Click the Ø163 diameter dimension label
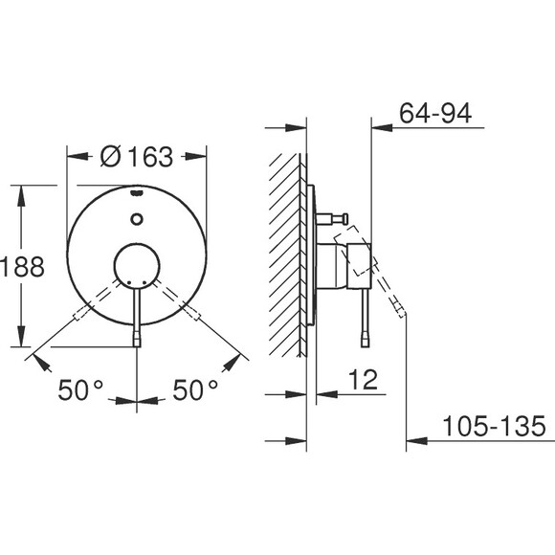pos(137,156)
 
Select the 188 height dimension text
pos(22,267)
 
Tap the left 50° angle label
pos(80,389)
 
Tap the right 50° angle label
pos(195,389)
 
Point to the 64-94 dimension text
pos(435,113)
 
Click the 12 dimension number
pos(364,380)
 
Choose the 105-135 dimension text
pos(494,426)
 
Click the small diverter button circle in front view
pos(137,219)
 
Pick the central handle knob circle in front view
pos(137,267)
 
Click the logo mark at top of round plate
pos(137,193)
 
